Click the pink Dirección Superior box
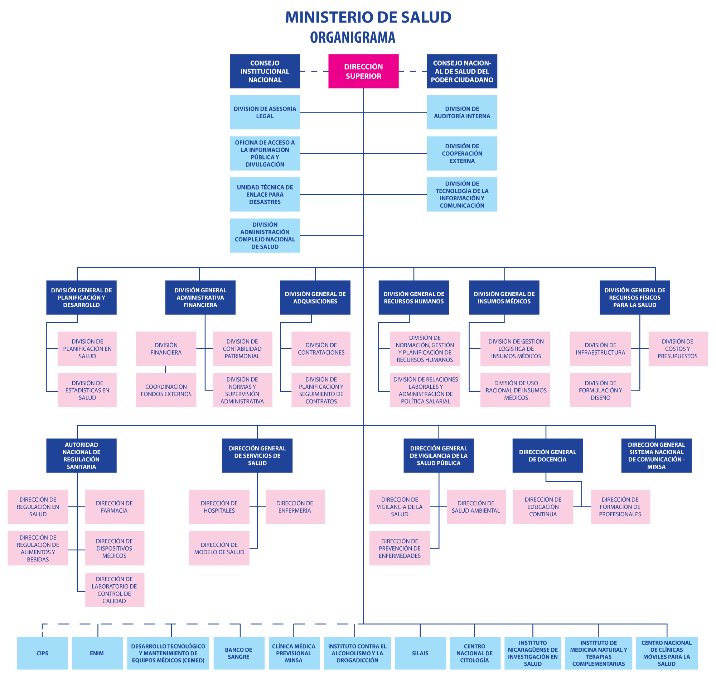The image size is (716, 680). point(363,71)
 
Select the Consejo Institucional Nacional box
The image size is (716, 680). point(265,71)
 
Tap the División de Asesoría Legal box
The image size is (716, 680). point(265,112)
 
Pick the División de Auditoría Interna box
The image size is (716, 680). point(462,112)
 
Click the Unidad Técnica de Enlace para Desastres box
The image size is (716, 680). point(265,194)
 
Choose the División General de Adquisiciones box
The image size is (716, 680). point(315,297)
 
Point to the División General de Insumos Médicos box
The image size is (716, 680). point(504,297)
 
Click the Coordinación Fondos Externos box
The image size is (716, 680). point(166,390)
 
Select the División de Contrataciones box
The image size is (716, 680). point(321,348)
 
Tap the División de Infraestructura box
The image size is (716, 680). point(600,348)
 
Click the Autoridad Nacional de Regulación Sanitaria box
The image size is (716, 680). point(82,455)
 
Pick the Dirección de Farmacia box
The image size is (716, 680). point(115,506)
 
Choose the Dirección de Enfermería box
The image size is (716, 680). point(295,506)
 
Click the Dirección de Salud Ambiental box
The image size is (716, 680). point(476,506)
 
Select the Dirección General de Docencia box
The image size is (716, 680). point(547,455)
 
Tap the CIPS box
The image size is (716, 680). point(42,653)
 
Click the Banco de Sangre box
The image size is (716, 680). point(239,653)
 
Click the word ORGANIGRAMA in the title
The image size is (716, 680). point(352,37)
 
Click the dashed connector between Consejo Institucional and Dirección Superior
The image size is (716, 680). point(314,71)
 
